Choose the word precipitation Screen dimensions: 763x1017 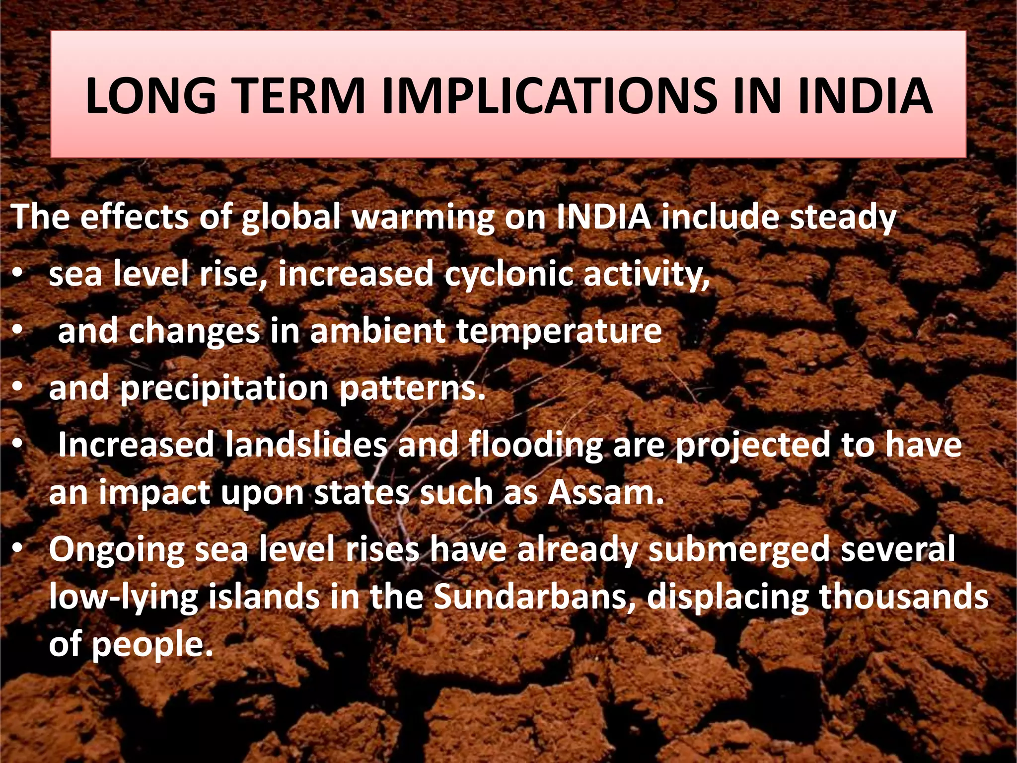[224, 389]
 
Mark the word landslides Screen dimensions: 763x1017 [306, 445]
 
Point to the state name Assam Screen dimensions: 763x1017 [606, 492]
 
